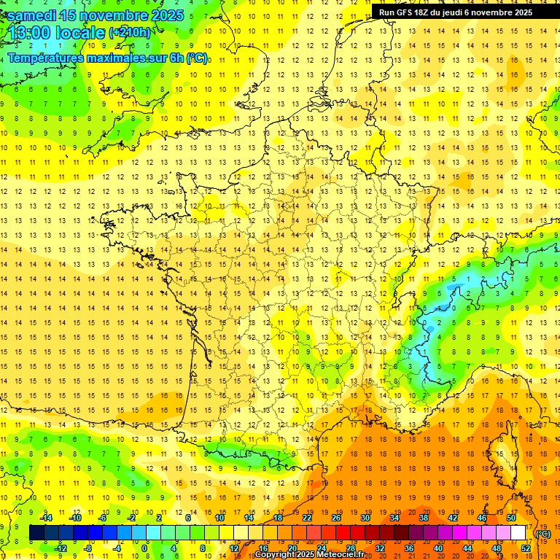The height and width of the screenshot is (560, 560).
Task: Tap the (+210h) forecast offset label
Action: (130, 33)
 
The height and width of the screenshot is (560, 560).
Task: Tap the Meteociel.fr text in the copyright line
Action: (338, 555)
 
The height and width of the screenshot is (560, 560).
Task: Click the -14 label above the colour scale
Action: (47, 518)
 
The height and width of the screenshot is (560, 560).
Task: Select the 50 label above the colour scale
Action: (510, 518)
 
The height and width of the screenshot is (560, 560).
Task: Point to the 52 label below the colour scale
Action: (525, 548)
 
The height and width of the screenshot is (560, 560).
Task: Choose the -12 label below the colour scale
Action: (61, 548)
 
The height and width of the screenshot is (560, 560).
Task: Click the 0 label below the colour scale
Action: (144, 548)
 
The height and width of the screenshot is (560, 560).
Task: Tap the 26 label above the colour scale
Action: (336, 518)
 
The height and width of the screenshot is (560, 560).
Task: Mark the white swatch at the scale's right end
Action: (518, 533)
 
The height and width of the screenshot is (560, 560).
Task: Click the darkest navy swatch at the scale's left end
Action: (36, 533)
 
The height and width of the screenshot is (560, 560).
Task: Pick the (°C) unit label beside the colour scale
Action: (543, 534)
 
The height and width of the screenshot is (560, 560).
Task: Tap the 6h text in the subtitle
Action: (176, 58)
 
